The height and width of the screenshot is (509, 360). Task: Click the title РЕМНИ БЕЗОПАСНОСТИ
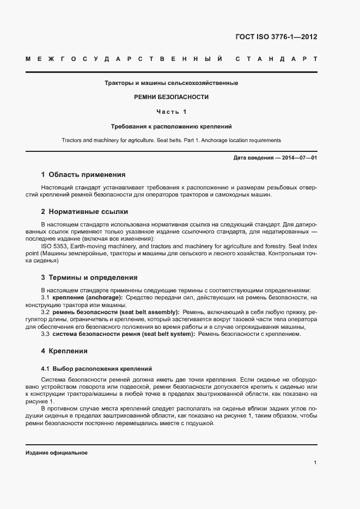click(x=172, y=97)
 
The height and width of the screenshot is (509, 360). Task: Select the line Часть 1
click(x=172, y=112)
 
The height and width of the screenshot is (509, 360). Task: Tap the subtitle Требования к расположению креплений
click(x=172, y=126)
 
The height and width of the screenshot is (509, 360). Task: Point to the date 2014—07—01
click(x=298, y=157)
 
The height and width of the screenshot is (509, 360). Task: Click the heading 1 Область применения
click(x=83, y=175)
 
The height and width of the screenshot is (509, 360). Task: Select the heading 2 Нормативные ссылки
click(x=84, y=211)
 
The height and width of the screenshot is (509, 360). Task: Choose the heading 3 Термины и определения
click(x=89, y=277)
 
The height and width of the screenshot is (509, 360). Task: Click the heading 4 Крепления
click(x=64, y=351)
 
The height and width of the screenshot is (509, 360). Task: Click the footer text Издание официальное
click(x=57, y=453)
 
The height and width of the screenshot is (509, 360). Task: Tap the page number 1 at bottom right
click(x=315, y=463)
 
